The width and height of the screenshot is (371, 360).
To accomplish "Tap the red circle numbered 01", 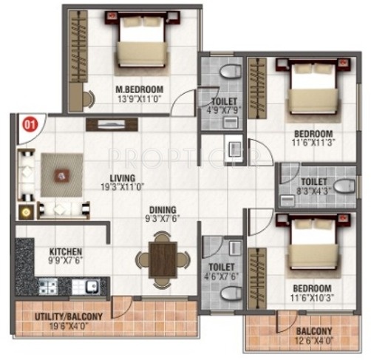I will coord(30,124).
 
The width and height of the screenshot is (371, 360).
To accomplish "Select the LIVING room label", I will coord(122,178).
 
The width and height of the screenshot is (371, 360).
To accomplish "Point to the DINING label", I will coord(163,209).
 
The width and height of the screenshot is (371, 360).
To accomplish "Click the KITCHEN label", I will coord(65,251).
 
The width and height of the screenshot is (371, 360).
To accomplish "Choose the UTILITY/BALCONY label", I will coord(69,316).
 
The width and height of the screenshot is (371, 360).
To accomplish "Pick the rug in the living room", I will coord(61,175).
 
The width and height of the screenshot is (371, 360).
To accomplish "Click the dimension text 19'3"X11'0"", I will coord(122,188).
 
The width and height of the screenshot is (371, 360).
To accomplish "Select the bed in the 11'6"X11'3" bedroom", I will coord(311,87).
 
